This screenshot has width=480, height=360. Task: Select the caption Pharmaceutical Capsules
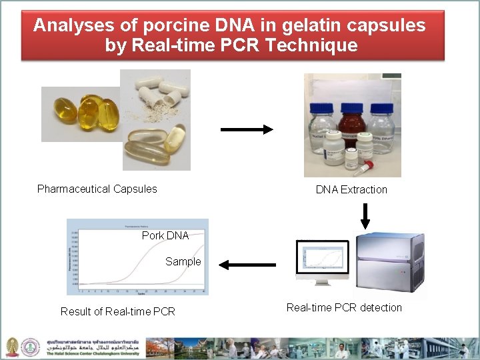(97, 189)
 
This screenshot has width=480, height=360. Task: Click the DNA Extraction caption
(351, 189)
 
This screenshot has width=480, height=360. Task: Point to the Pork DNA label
(165, 235)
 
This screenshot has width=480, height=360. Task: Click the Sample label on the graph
(183, 261)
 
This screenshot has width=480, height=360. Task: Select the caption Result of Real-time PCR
(118, 311)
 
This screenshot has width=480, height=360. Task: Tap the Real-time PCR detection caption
(344, 307)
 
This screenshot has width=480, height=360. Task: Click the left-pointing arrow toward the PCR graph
(247, 265)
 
